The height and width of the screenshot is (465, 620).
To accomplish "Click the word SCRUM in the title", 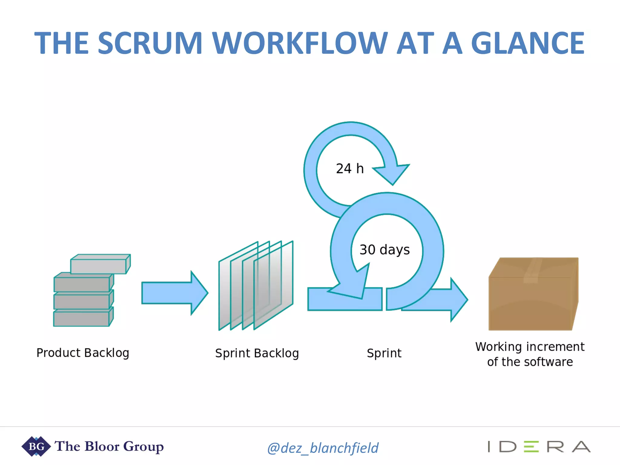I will [x=150, y=43].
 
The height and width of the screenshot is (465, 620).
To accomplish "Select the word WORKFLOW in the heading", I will [x=300, y=43].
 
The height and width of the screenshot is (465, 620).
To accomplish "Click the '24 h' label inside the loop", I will [x=350, y=169].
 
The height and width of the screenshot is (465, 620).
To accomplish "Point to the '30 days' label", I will [x=384, y=250].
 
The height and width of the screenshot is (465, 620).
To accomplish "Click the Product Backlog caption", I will [x=83, y=353].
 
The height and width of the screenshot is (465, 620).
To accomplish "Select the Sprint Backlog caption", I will [x=257, y=353].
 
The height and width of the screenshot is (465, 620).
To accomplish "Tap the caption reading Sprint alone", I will [x=384, y=353].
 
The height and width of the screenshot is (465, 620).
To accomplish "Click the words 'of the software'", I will [x=530, y=362].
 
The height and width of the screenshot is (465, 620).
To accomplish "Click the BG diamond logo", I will [x=36, y=446].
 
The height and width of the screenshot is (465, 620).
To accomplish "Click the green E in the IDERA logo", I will [x=531, y=447].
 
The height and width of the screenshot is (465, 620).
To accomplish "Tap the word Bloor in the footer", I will [x=102, y=446].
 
